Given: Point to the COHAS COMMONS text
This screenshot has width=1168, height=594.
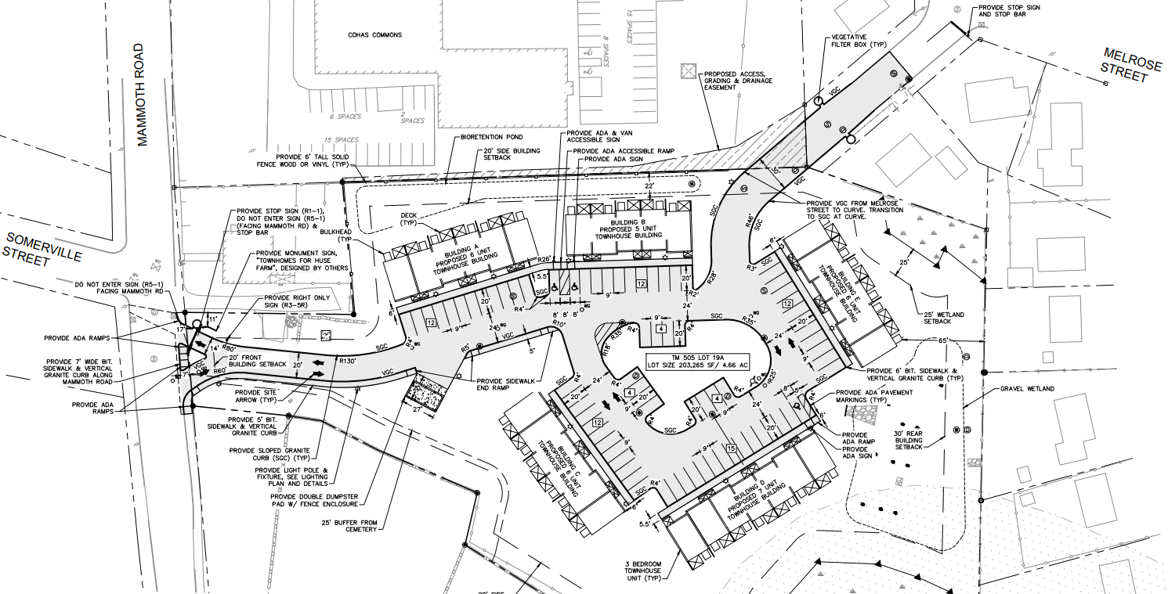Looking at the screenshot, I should [375, 35].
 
